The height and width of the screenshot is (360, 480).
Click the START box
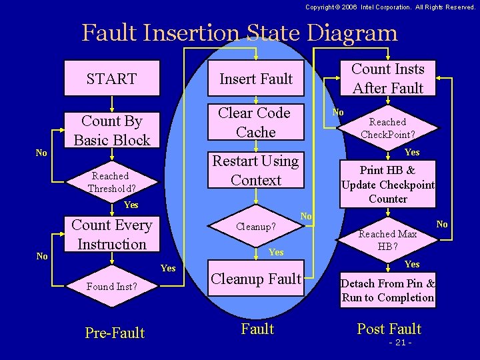click(x=111, y=79)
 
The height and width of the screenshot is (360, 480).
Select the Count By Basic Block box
click(x=111, y=131)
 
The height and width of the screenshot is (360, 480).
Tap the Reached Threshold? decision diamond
click(x=111, y=182)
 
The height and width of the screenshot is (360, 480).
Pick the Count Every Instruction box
click(x=111, y=235)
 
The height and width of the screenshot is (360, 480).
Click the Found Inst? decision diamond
click(x=111, y=287)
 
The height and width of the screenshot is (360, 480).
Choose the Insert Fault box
click(x=256, y=79)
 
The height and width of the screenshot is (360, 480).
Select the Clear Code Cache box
click(x=255, y=123)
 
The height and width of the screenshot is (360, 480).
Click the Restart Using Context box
click(x=255, y=171)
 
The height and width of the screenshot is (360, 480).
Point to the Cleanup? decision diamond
click(x=256, y=227)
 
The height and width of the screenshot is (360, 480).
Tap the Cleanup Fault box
click(x=256, y=279)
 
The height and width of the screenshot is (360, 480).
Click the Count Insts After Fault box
click(x=387, y=79)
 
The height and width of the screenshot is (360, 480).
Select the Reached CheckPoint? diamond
click(x=387, y=128)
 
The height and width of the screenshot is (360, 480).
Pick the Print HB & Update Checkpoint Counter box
click(x=387, y=184)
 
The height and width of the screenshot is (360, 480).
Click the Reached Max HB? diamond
click(x=387, y=239)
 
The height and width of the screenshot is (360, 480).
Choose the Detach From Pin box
click(x=387, y=291)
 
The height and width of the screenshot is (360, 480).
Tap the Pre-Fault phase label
click(x=115, y=333)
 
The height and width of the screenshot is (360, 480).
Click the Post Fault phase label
click(x=389, y=329)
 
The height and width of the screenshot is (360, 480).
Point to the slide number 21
click(x=399, y=343)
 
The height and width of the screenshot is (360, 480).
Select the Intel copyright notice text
click(x=390, y=7)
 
